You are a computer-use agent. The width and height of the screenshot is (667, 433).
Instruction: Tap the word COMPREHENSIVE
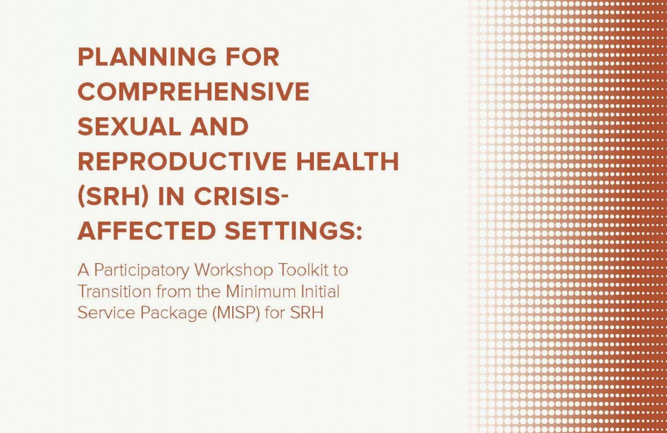pyautogui.click(x=193, y=91)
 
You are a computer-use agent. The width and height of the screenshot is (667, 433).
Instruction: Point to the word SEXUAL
pyautogui.click(x=129, y=126)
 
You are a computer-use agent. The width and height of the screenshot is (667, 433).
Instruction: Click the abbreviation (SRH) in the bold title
pyautogui.click(x=113, y=196)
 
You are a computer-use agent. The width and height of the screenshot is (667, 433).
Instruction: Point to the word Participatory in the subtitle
pyautogui.click(x=142, y=271)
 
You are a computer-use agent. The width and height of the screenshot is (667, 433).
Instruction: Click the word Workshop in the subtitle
pyautogui.click(x=234, y=271)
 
